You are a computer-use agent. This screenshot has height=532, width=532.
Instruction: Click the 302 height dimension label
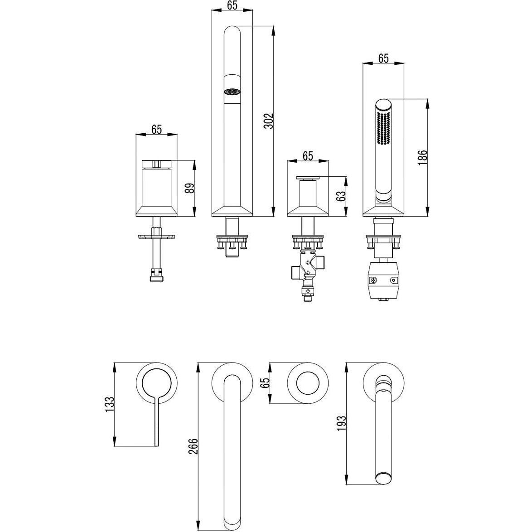click(x=269, y=121)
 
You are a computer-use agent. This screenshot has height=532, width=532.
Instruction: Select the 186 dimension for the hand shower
click(x=422, y=157)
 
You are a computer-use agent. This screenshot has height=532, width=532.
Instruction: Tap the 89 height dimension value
click(x=191, y=188)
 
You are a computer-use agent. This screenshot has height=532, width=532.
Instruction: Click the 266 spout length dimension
click(x=193, y=446)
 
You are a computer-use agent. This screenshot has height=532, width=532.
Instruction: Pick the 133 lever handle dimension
click(x=110, y=404)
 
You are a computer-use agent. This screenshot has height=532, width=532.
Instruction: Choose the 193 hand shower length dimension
click(x=341, y=423)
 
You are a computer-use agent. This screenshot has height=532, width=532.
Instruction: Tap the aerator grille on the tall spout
click(x=232, y=92)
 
